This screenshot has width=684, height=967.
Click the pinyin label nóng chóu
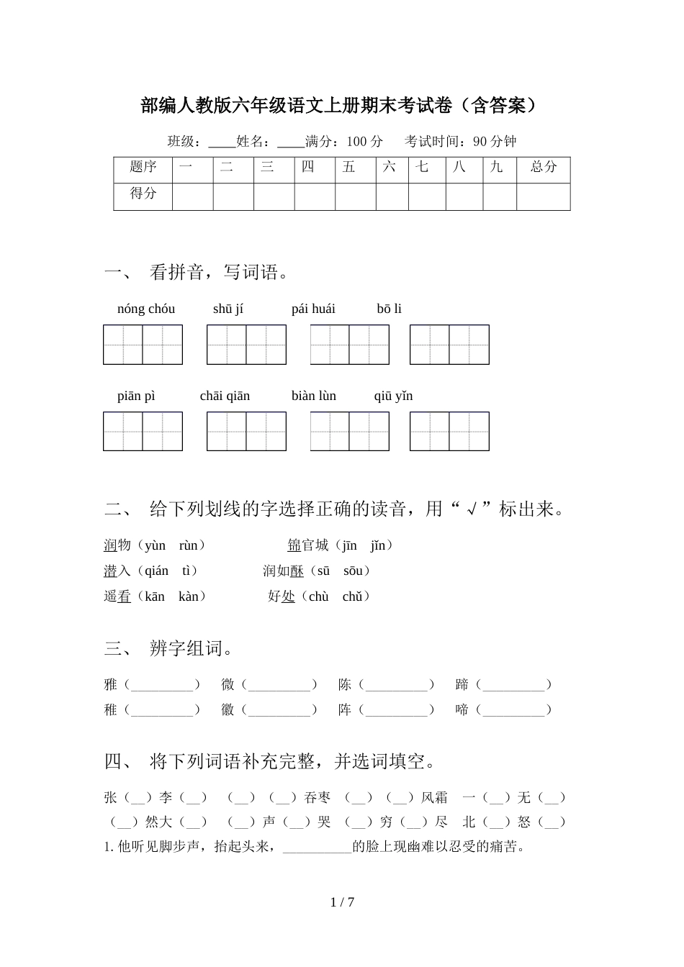point(145,309)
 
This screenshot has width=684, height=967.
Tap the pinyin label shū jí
point(228,309)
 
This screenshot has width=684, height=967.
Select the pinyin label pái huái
point(313,309)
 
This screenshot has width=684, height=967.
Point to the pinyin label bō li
point(389,309)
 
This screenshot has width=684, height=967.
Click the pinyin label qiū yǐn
point(393,396)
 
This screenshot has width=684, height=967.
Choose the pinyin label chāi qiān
point(225,396)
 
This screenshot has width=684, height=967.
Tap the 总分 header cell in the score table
point(543,168)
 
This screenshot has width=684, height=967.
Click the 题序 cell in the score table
point(143,168)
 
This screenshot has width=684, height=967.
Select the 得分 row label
point(143,194)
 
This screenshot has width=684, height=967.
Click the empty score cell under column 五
point(355,196)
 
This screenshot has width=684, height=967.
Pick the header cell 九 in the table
point(496,168)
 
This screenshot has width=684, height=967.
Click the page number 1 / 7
point(342,902)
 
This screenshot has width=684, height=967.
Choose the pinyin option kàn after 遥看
point(188,596)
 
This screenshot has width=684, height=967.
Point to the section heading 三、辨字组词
point(170,649)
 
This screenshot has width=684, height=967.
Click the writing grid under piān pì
point(143,431)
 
